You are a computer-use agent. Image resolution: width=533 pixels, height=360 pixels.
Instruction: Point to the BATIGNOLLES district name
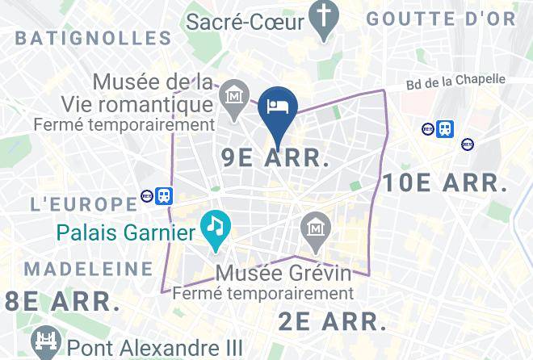(94, 37)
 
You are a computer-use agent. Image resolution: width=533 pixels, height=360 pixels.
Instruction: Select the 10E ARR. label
(444, 183)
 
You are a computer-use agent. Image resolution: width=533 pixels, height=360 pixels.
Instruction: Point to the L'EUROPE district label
(83, 203)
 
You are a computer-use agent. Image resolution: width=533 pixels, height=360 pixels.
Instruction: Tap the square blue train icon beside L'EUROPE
(165, 195)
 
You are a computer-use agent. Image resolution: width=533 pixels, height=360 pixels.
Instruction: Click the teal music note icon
(215, 224)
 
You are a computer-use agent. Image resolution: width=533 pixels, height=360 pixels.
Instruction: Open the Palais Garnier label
(127, 234)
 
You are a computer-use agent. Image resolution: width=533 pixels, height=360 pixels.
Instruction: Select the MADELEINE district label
(88, 269)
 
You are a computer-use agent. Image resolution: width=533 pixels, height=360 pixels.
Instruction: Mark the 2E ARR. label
(333, 320)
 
